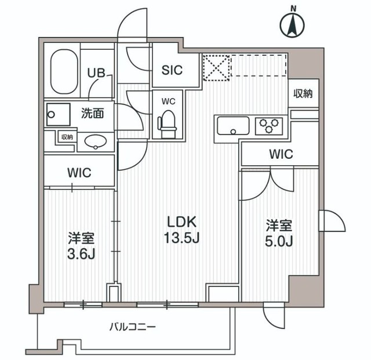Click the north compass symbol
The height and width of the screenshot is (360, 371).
293,24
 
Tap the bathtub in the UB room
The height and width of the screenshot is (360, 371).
63,72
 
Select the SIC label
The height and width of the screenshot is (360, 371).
172,71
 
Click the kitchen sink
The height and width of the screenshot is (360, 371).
232,125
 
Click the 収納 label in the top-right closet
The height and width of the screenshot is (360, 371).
303,93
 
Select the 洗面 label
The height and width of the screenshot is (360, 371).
92,114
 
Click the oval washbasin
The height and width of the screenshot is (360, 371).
94,141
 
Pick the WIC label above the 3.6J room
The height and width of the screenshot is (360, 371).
79,173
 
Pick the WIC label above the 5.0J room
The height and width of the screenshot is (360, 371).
281,155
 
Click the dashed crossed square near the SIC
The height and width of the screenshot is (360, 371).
216,66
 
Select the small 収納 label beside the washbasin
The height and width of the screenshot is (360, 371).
67,137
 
